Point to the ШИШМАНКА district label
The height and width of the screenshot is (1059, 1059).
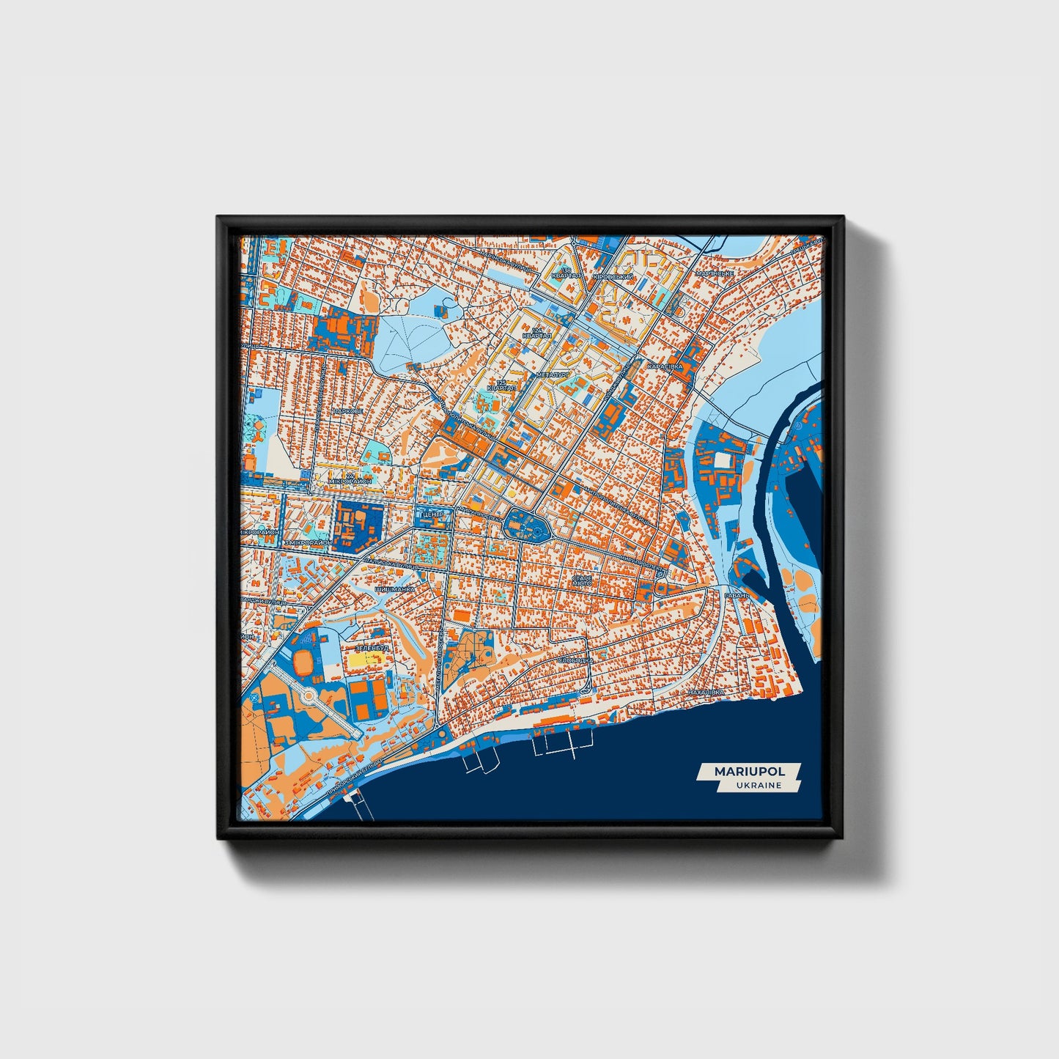pyautogui.click(x=394, y=588)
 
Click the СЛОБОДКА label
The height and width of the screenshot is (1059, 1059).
pyautogui.click(x=575, y=660)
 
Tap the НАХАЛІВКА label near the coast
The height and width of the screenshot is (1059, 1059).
pyautogui.click(x=705, y=691)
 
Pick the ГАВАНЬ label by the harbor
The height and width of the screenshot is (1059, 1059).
pyautogui.click(x=737, y=596)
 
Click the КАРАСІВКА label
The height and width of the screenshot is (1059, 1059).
pyautogui.click(x=665, y=366)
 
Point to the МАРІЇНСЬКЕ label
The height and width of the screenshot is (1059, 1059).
pyautogui.click(x=715, y=273)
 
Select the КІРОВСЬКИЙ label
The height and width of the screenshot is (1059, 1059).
pyautogui.click(x=613, y=276)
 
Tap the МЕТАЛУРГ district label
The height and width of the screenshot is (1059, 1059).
pyautogui.click(x=552, y=374)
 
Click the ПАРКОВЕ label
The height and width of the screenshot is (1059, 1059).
pyautogui.click(x=347, y=411)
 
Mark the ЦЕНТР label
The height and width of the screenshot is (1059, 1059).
pyautogui.click(x=431, y=514)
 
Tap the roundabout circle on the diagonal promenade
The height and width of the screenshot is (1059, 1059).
pyautogui.click(x=309, y=694)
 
